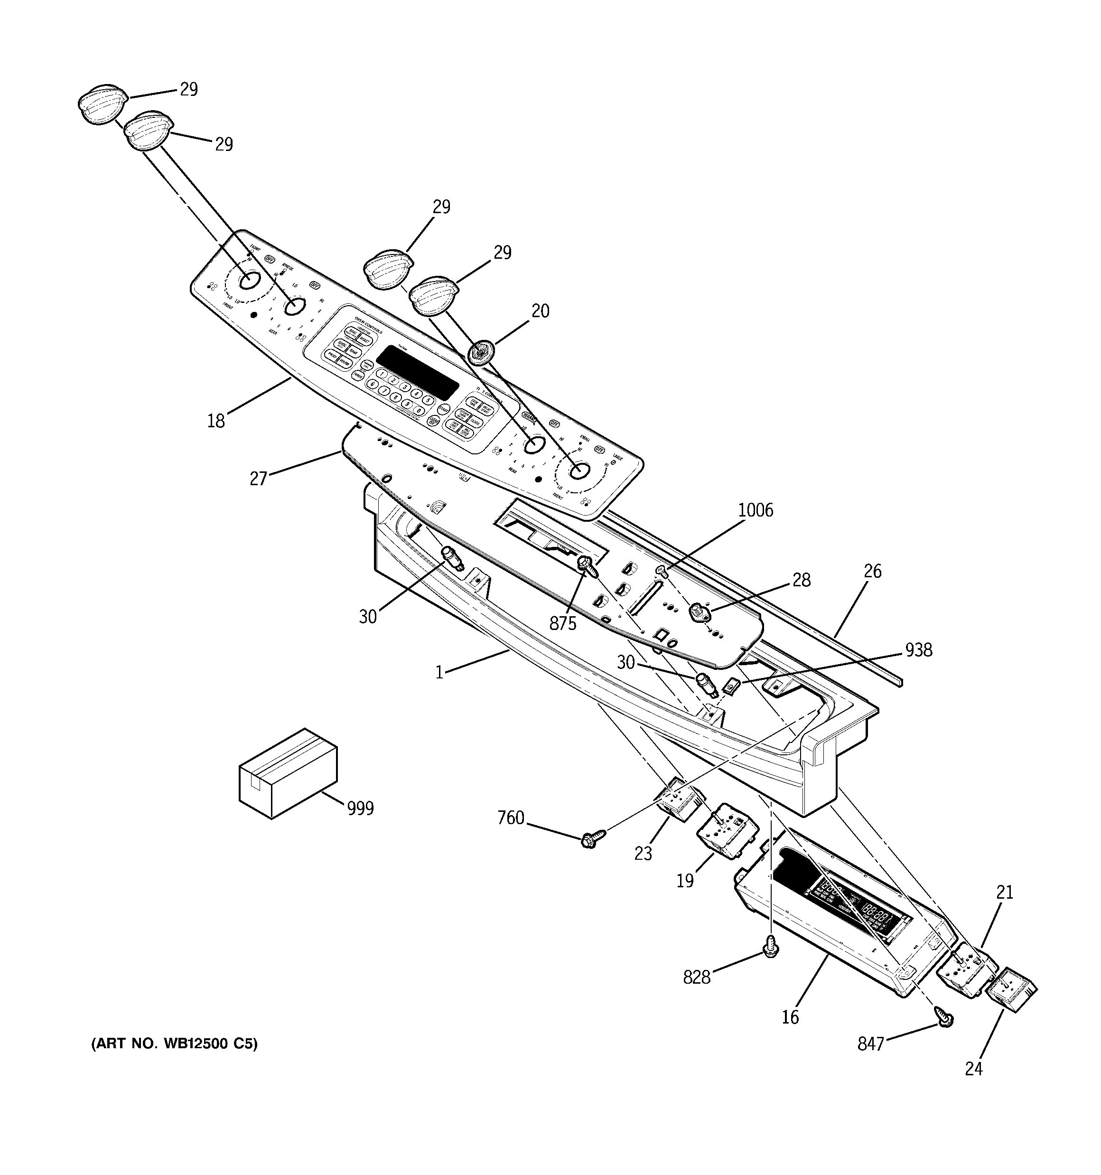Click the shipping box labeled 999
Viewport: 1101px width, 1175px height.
click(288, 772)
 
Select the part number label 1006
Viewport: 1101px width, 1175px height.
click(755, 509)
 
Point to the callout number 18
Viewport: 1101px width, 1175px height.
click(216, 421)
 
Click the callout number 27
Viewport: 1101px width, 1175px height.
click(258, 478)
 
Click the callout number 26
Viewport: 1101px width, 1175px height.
click(872, 571)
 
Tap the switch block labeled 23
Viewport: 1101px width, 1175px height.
click(680, 802)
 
